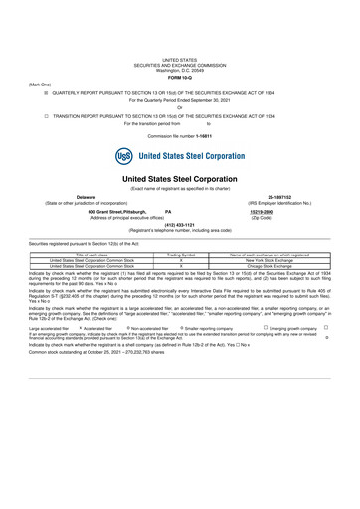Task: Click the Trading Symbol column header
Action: coord(180,254)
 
